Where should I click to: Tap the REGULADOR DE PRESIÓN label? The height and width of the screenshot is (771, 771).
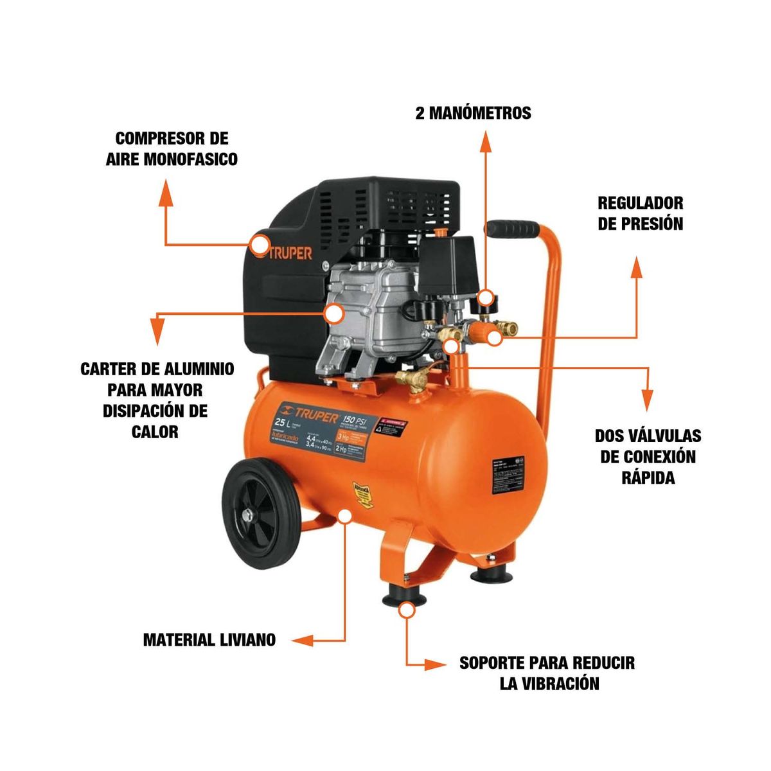coord(640,213)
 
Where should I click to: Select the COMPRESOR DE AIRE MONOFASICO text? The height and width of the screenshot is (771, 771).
coord(172,148)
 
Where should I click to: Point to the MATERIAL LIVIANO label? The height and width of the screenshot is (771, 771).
coord(209,640)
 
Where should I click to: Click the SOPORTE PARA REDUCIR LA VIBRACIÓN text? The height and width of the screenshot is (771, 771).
coord(547,673)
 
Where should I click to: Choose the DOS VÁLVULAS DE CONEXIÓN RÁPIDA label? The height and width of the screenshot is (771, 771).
coord(648,457)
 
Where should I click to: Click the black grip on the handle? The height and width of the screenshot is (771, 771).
coord(512,229)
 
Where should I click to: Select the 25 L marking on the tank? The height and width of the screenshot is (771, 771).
coord(280,423)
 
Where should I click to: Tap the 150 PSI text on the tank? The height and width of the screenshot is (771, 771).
coord(358,418)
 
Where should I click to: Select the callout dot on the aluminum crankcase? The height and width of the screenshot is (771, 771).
coord(333,314)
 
